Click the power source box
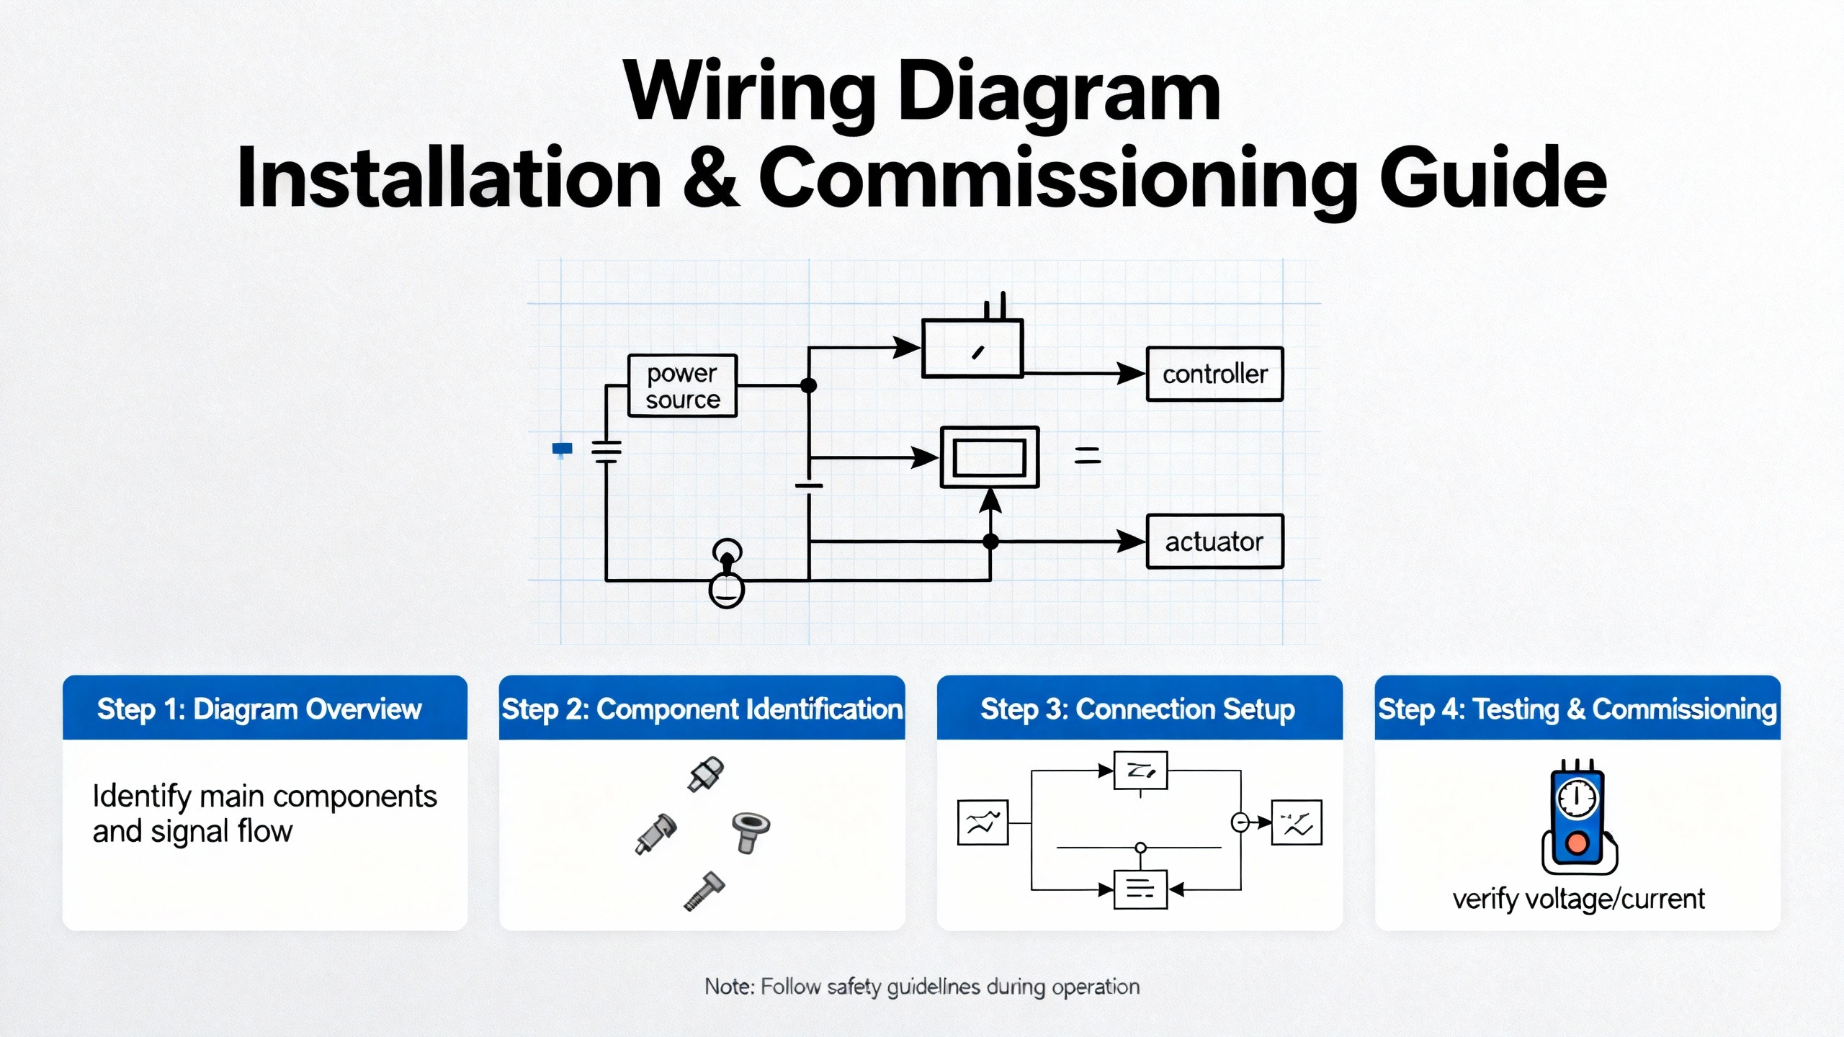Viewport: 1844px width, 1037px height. pos(682,386)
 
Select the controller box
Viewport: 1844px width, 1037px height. pos(1214,374)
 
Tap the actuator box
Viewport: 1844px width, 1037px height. pos(1214,542)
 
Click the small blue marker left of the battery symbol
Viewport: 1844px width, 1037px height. pos(562,449)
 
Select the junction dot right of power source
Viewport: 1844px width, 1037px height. pos(809,386)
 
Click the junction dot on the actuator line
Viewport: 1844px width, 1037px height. pos(991,542)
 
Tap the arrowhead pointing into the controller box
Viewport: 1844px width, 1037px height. pos(1131,374)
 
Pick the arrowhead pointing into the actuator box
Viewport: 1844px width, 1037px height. pos(1131,542)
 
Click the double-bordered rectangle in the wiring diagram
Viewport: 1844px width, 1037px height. pos(990,457)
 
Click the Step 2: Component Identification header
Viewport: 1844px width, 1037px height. pos(702,709)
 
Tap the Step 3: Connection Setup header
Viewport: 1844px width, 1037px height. pos(1138,709)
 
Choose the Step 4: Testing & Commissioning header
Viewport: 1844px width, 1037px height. pos(1577,709)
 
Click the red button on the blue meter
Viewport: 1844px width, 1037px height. pos(1577,843)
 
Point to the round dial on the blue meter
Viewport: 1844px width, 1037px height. pos(1577,799)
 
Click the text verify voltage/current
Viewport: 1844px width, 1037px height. pos(1578,899)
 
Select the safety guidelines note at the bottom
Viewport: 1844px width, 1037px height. pos(922,987)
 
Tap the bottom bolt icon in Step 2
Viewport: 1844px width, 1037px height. pos(704,892)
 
